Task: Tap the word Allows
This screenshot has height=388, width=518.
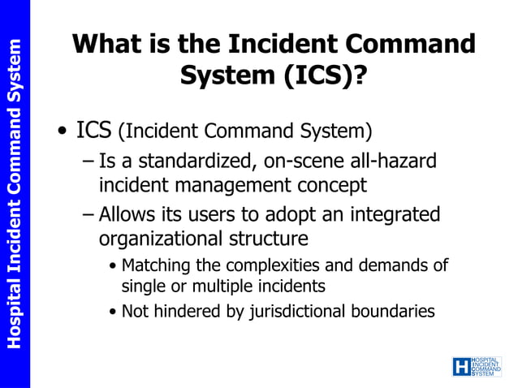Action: click(126, 215)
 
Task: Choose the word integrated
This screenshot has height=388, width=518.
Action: click(395, 215)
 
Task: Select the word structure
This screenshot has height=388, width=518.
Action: click(272, 239)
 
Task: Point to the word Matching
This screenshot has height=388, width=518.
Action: click(156, 265)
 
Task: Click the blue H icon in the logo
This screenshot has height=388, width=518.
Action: click(460, 366)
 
